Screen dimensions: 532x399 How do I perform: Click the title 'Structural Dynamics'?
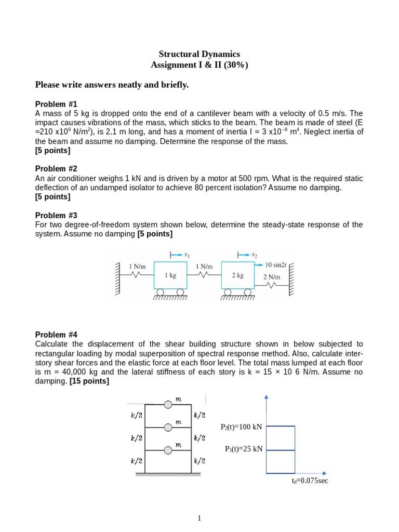tap(199, 54)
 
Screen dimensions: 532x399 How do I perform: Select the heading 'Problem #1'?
tap(56, 104)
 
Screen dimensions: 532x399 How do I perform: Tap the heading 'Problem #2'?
tap(56, 169)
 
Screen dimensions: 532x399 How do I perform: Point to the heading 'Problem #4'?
tap(56, 335)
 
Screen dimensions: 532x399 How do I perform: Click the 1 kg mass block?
tap(170, 275)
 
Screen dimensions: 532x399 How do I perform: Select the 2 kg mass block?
tap(238, 275)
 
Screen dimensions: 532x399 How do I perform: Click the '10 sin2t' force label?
tap(276, 265)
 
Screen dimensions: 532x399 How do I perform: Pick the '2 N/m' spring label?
tap(272, 277)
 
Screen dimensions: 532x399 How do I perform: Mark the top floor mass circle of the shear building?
tap(168, 404)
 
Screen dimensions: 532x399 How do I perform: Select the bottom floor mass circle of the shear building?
tap(168, 450)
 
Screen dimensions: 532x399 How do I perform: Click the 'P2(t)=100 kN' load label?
tap(242, 427)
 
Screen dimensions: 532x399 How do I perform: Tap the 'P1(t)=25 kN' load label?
tap(244, 449)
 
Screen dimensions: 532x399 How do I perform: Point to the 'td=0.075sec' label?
tap(310, 481)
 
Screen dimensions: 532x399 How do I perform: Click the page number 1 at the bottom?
tap(199, 518)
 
